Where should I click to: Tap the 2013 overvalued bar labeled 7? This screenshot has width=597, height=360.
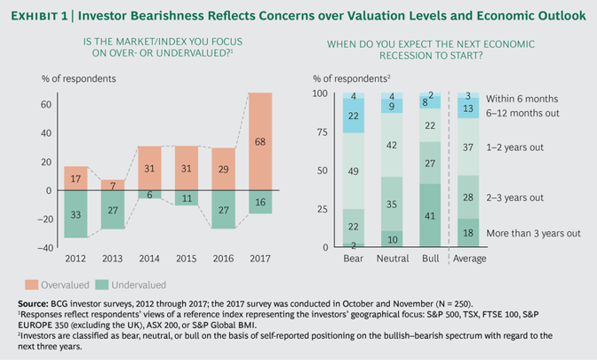pos(114,185)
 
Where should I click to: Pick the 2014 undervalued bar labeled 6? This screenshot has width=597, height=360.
pos(150,195)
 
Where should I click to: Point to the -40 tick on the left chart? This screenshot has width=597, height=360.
pos(47,248)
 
